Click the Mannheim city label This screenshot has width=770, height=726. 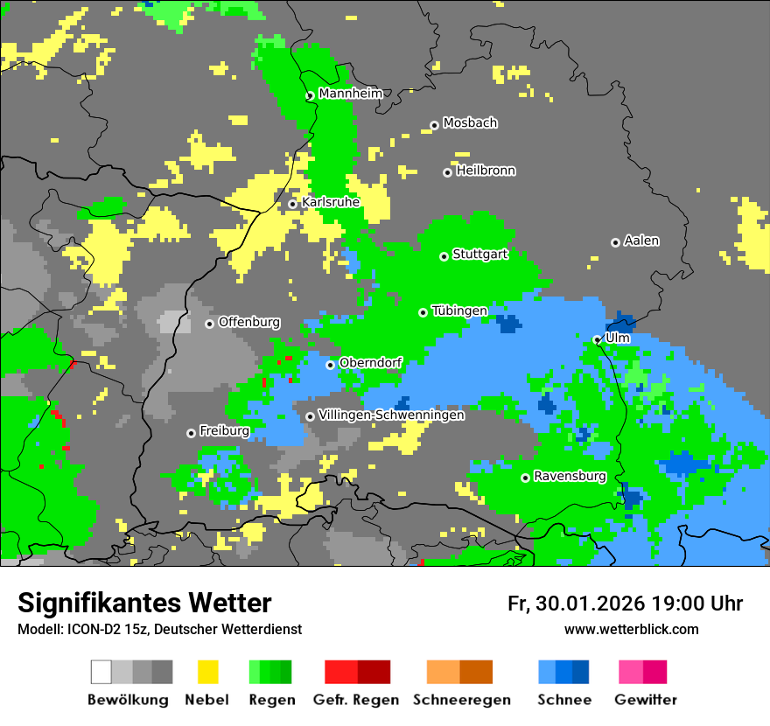tap(350, 94)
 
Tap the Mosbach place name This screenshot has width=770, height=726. tap(470, 123)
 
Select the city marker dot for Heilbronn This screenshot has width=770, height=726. tap(447, 172)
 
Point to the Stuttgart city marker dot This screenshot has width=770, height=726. tap(444, 256)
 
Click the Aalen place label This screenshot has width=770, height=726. tap(641, 241)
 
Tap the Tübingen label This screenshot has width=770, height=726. tap(459, 311)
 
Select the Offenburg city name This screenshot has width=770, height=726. tap(249, 322)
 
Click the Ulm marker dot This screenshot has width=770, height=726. tap(597, 339)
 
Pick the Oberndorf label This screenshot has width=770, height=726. tap(370, 363)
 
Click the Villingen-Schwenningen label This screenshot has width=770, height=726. tap(391, 415)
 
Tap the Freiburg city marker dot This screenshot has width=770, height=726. tap(191, 433)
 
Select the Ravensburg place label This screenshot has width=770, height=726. tap(570, 477)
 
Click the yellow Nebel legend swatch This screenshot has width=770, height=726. tap(207, 672)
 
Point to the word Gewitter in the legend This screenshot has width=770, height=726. tap(645, 700)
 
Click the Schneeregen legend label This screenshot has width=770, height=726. tap(461, 700)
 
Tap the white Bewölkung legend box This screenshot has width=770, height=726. tap(101, 672)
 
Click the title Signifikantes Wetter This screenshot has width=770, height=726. tap(144, 603)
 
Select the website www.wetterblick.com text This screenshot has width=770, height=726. tap(631, 629)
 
